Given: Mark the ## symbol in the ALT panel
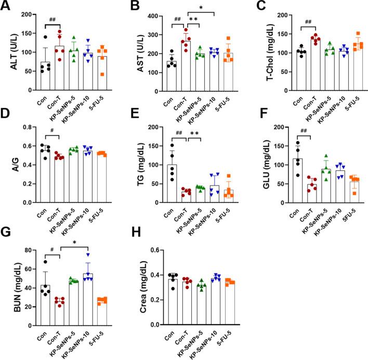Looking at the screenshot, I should click(x=53, y=20).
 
